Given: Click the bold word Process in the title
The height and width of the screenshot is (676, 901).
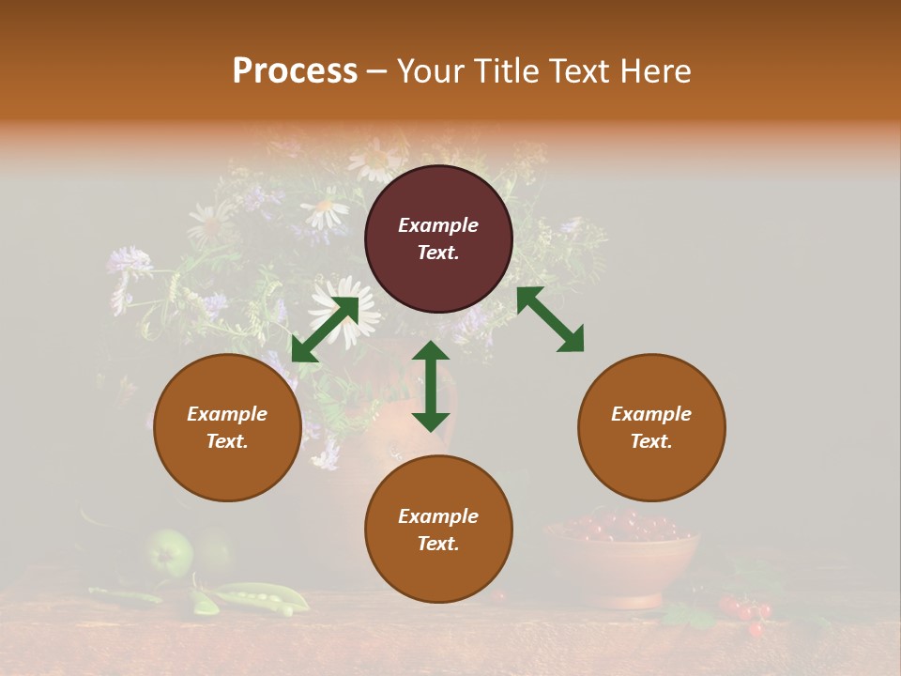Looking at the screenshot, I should coord(295,71).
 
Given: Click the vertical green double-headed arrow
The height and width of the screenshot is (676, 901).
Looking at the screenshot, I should coord(431,386).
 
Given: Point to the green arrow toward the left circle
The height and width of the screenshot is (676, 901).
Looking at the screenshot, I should coord(325,329).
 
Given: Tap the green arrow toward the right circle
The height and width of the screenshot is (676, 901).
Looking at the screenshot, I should coord(550,319).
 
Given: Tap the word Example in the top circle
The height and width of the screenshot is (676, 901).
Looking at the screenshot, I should coord(438,225).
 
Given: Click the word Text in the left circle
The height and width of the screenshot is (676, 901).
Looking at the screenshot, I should coord(226,441).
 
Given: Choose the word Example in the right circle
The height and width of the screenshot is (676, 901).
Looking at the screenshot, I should coord(651,414).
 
